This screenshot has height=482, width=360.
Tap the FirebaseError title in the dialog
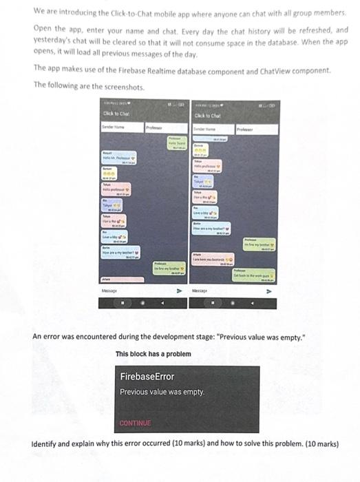(x=147, y=377)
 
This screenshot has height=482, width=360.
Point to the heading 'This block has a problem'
(x=153, y=354)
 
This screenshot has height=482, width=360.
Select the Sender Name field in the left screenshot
(x=120, y=128)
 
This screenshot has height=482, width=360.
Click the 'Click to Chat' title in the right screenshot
(x=207, y=115)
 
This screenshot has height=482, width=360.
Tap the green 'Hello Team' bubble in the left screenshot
(x=178, y=143)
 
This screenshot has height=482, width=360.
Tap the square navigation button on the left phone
(x=124, y=302)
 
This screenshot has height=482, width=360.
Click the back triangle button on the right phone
(x=253, y=302)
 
